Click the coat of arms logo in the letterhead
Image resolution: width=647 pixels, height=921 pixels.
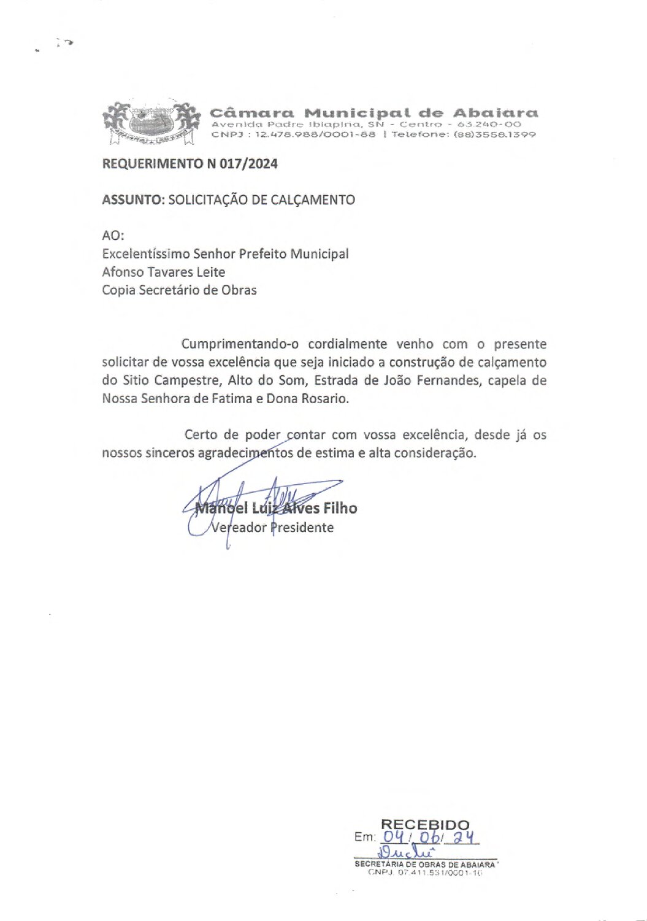(151, 123)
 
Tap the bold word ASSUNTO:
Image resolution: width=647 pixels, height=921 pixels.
(133, 200)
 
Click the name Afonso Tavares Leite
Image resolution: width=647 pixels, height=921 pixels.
(164, 272)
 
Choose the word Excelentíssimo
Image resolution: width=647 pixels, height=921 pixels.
(146, 254)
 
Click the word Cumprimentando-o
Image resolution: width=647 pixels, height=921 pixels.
(240, 344)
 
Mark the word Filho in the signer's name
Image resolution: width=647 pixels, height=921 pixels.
(340, 508)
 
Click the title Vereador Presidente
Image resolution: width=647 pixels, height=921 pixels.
(272, 528)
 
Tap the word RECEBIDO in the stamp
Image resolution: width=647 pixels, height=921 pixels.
(425, 825)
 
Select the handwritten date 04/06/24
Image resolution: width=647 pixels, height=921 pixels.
(429, 837)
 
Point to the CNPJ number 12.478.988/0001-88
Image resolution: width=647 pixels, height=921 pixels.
(315, 134)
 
